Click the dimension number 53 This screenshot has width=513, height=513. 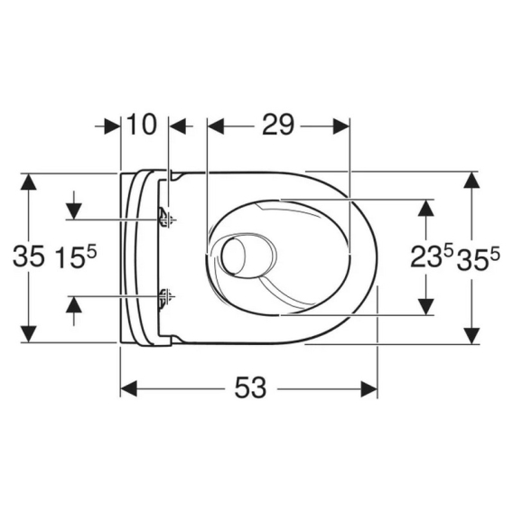pyautogui.click(x=250, y=387)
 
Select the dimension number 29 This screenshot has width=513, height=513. pyautogui.click(x=278, y=125)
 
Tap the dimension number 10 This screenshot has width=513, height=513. pyautogui.click(x=141, y=125)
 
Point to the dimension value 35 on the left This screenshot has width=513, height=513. pyautogui.click(x=28, y=256)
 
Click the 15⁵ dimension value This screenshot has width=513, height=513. pyautogui.click(x=76, y=256)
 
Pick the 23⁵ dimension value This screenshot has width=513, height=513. pyautogui.click(x=432, y=256)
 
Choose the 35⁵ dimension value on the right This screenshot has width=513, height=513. pyautogui.click(x=479, y=258)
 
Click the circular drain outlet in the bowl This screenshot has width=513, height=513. pyautogui.click(x=234, y=256)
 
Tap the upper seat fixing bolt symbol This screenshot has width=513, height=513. pyautogui.click(x=167, y=219)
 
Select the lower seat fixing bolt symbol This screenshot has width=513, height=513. pyautogui.click(x=167, y=297)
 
